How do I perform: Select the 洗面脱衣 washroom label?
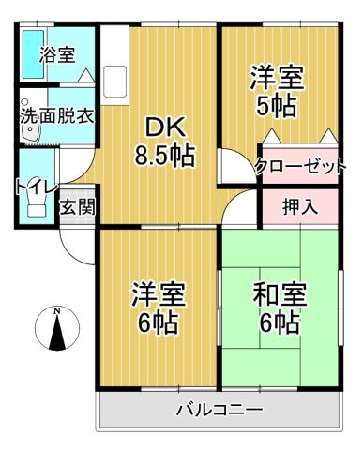point(56,117)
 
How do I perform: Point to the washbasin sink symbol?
point(30,134)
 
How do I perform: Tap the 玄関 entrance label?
point(78,207)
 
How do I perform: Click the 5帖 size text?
point(277,105)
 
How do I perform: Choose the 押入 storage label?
point(299,205)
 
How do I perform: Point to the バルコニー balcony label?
point(219,410)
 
